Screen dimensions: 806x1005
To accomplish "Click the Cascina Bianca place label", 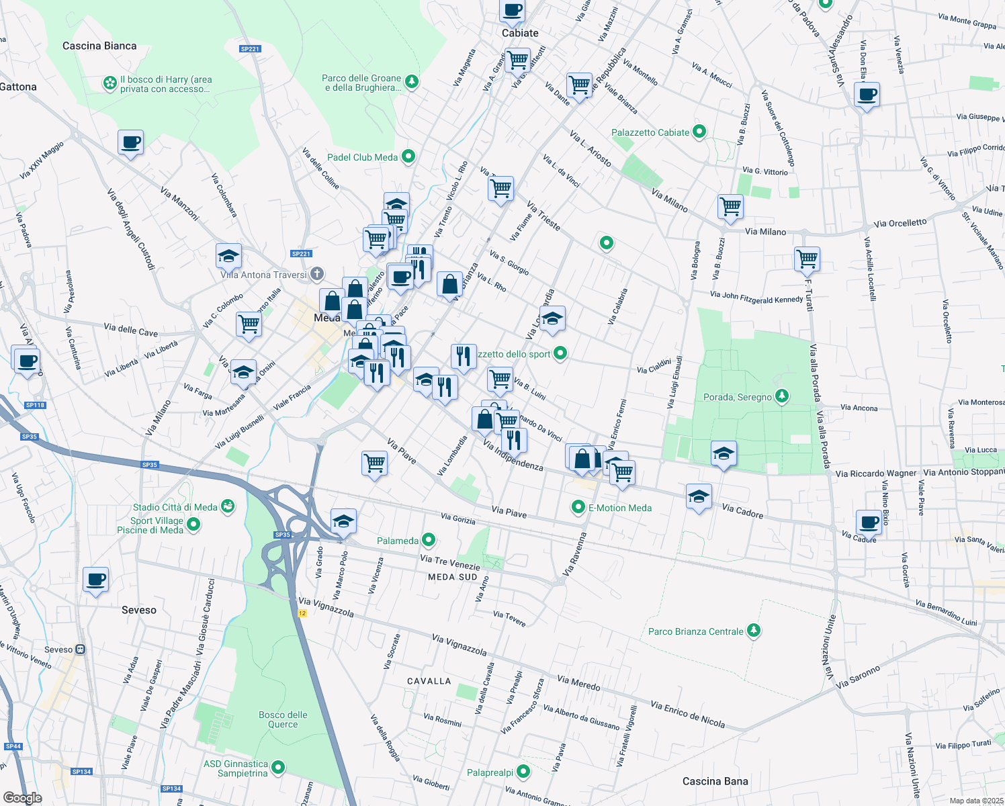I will pos(99,46).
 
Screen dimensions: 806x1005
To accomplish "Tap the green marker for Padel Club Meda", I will pos(408,156).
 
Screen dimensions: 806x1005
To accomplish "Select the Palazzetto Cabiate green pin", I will pos(699,132).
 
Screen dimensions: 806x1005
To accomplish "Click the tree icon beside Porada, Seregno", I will pos(781,396).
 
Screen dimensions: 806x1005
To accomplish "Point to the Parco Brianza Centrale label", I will pos(695,631).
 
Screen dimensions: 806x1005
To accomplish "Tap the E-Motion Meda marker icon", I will pos(578,507).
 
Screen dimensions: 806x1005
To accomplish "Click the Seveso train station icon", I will pos(81,650).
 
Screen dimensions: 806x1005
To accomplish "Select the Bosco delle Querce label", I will pos(283,719).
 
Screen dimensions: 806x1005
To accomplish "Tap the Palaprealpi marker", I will pos(524,772).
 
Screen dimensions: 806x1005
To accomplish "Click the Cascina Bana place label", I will pos(715,781).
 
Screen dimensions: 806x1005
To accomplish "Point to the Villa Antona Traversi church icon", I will pos(317,274).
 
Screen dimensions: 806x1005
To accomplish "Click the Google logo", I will pos(22,797).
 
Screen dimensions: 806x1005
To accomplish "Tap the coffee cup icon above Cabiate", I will pos(512,11).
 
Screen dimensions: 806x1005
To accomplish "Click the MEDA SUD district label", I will pos(452,577).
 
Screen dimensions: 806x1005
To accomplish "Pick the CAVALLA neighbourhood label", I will pos(429,681).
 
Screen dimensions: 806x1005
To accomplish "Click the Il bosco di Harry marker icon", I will pos(110,83).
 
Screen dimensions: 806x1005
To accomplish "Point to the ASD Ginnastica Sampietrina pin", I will pos(278,767).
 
